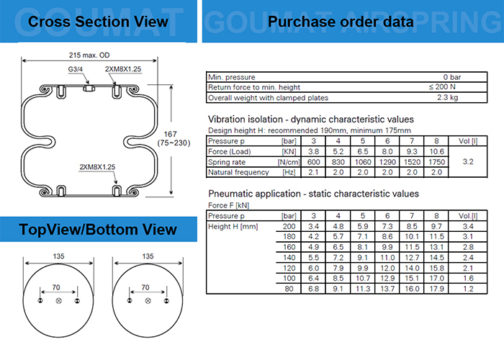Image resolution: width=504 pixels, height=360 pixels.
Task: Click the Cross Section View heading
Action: point(98,22)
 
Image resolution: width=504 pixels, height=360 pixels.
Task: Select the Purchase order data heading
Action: point(341,22)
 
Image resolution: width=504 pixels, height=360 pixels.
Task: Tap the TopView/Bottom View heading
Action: point(98,230)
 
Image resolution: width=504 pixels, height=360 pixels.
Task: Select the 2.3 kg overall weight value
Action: point(449,97)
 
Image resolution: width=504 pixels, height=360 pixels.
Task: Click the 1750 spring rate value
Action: point(436,163)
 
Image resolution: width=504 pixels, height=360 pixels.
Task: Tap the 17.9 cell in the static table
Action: point(436,289)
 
